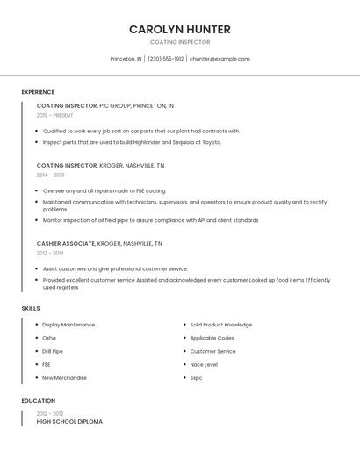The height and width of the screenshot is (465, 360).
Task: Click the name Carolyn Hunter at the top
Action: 179,29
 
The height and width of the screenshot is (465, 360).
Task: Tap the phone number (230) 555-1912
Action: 166,59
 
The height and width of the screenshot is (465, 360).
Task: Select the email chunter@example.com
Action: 220,59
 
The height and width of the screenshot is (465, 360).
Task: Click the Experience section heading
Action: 38,92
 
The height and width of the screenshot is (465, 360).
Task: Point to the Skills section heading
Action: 31,309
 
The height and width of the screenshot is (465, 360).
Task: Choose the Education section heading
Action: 39,401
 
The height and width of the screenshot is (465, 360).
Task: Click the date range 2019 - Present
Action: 55,115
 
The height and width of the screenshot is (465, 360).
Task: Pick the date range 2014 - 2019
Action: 50,175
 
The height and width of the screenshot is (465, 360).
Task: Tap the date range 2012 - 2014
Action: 50,253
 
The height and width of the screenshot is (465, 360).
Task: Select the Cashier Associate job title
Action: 66,243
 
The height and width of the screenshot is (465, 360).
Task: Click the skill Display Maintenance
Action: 68,325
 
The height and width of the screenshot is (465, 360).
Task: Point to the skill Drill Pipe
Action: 53,351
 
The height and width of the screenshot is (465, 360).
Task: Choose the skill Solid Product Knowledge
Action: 220,325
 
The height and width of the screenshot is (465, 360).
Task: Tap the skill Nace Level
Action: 204,364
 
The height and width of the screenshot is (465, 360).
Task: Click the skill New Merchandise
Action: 64,378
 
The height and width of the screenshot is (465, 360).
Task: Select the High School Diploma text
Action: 69,422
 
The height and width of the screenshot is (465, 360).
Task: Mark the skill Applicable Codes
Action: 212,338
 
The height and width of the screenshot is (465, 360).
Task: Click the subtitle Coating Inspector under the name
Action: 179,42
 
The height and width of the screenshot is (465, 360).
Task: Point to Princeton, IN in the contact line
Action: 126,59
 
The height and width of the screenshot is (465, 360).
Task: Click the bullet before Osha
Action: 36,338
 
